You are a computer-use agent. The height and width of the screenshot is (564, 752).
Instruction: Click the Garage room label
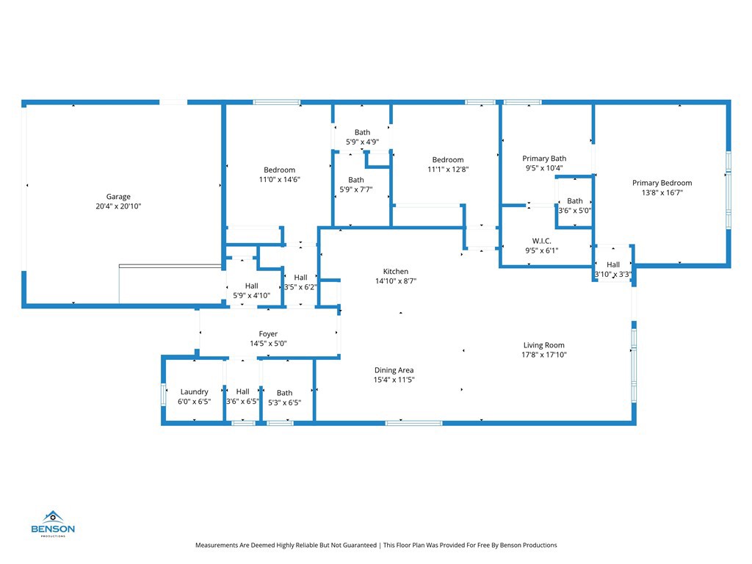pos(118,197)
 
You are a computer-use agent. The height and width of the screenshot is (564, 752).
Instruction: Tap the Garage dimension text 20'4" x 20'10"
pos(118,206)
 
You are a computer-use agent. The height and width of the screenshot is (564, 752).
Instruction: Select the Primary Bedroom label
pos(662,183)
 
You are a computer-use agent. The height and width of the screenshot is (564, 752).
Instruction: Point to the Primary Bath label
pos(544,158)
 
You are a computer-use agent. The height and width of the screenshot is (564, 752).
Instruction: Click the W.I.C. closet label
pos(542,241)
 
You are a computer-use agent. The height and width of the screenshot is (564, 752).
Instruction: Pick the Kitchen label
pos(395,271)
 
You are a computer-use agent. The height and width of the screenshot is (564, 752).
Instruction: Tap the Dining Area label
pos(394,370)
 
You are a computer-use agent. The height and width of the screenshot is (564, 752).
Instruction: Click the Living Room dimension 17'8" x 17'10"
pos(543,355)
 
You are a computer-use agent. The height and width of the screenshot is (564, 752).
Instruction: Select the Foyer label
pos(268,334)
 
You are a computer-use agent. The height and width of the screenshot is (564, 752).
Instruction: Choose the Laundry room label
pos(194,392)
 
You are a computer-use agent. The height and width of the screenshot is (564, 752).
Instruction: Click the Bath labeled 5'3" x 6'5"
pos(284,393)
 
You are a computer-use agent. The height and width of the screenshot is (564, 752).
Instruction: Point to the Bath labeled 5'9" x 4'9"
pos(362,132)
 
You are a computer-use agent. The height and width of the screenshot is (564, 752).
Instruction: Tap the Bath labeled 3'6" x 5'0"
pos(575,200)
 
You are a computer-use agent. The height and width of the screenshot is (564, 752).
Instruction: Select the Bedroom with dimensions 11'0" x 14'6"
pos(279,170)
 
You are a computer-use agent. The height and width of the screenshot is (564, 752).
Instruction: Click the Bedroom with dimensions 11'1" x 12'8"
pos(447,159)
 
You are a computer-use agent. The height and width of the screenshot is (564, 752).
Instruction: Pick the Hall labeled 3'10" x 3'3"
pos(613,264)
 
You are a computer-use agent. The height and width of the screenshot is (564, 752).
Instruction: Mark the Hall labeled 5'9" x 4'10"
pos(252,286)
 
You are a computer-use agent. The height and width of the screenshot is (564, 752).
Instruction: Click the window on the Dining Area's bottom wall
pos(413,423)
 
